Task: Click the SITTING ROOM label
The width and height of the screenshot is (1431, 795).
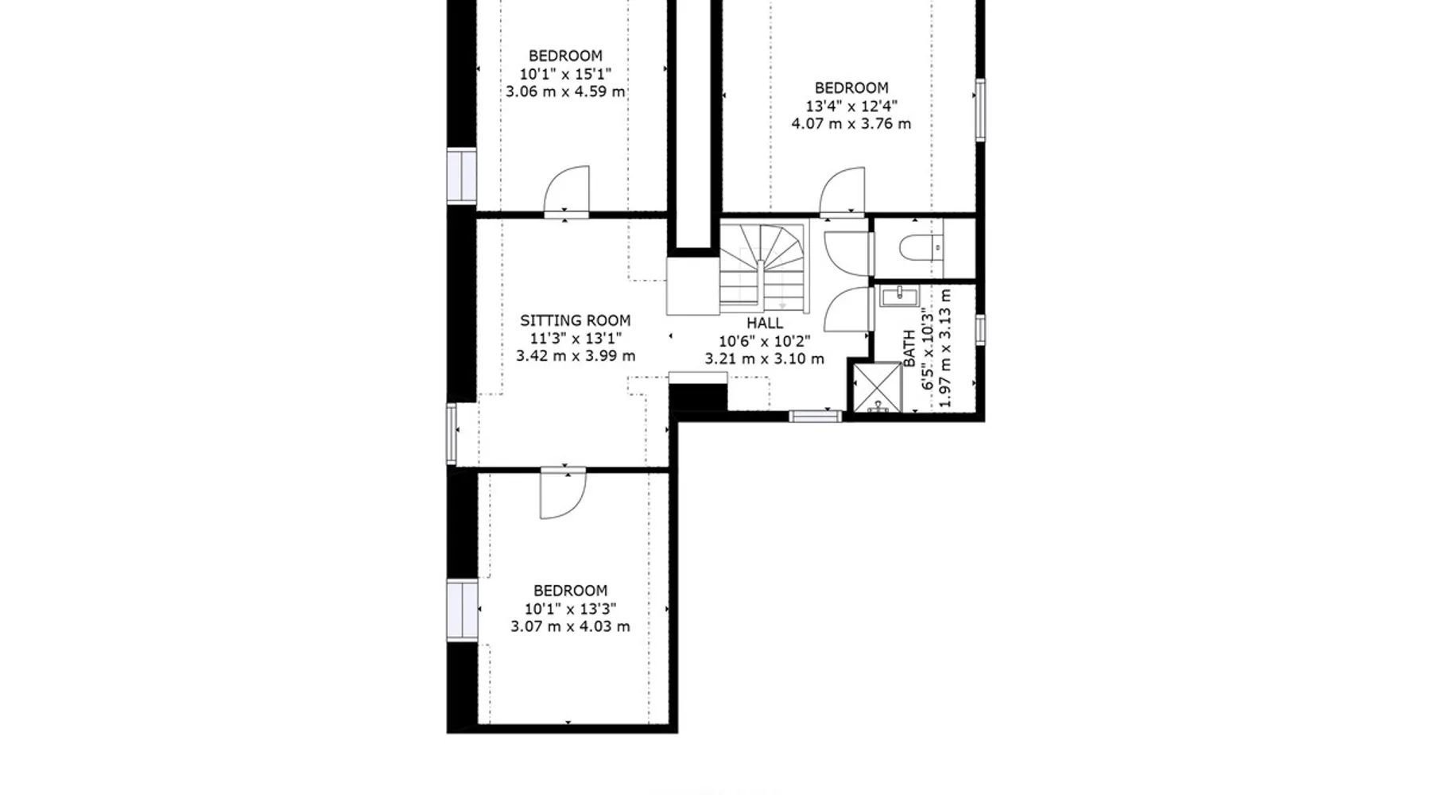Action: pos(575,320)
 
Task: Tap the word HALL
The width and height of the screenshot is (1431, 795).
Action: pos(764,323)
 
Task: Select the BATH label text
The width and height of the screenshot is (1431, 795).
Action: pos(909,348)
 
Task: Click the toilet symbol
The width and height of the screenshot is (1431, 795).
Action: pos(921,247)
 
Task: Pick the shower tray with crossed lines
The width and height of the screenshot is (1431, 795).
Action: pos(878,386)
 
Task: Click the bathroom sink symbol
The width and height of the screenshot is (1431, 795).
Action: pos(899,297)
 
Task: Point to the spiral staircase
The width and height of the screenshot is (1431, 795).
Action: pos(763,268)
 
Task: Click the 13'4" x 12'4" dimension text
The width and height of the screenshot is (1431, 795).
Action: pos(851,106)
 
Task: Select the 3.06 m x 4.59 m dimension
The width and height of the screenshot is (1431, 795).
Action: pos(565,91)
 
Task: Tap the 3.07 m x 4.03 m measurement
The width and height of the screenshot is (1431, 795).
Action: pos(570,626)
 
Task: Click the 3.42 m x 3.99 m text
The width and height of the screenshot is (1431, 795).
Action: pos(576,356)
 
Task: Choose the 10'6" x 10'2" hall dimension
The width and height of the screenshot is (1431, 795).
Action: pos(764,341)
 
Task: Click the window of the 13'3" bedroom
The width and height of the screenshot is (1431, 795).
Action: pos(462,610)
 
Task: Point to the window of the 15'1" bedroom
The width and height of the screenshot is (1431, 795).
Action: pos(461,175)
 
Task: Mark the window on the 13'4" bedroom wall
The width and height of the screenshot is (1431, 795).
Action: pos(980,110)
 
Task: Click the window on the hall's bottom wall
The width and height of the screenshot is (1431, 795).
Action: pos(815,416)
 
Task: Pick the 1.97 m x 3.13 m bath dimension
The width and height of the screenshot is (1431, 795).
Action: pos(944,347)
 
